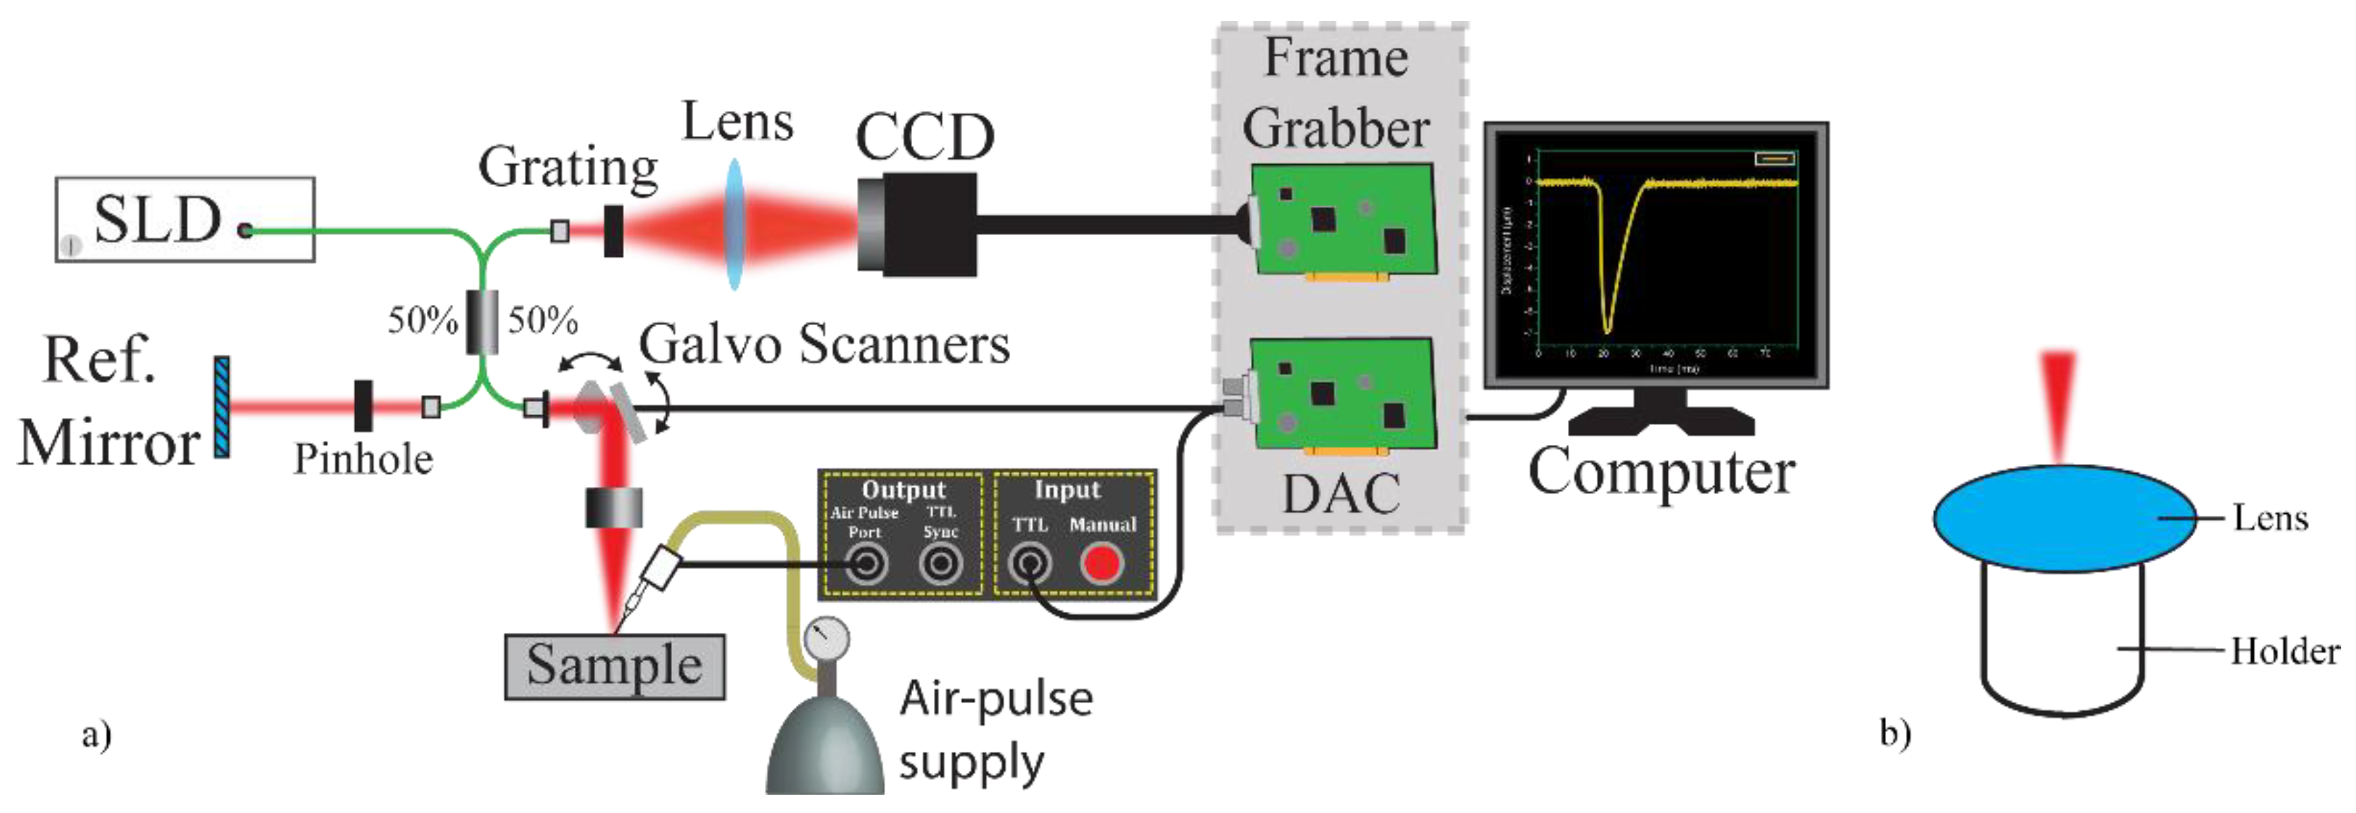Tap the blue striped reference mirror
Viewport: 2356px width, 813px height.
point(221,407)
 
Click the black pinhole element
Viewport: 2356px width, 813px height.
point(363,405)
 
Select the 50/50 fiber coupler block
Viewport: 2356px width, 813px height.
point(482,321)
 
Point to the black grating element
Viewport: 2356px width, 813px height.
point(613,230)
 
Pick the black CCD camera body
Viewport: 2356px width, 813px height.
point(917,224)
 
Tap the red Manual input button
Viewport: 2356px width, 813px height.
point(1100,563)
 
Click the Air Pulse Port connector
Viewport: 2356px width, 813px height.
point(865,563)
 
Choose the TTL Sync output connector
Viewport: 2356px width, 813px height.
point(940,563)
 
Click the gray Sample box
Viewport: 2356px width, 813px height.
point(615,667)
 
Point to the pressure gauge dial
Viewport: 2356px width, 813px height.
point(827,638)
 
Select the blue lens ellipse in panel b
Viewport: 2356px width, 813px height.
point(2063,519)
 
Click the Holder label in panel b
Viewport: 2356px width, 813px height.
point(2283,651)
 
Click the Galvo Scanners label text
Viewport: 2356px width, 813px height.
point(824,345)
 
